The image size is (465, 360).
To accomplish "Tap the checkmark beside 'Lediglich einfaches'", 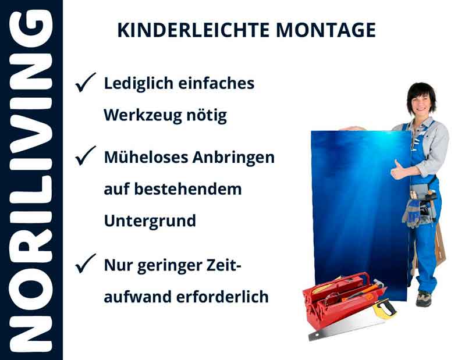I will (x=86, y=84).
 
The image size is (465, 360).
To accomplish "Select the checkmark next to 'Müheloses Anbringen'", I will (x=86, y=157).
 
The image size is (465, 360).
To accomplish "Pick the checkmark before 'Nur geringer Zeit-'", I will (x=86, y=265).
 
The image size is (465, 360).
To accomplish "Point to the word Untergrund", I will (x=150, y=221).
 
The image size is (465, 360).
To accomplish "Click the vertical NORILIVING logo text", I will (x=30, y=180).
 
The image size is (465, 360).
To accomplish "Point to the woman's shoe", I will (x=424, y=299).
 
